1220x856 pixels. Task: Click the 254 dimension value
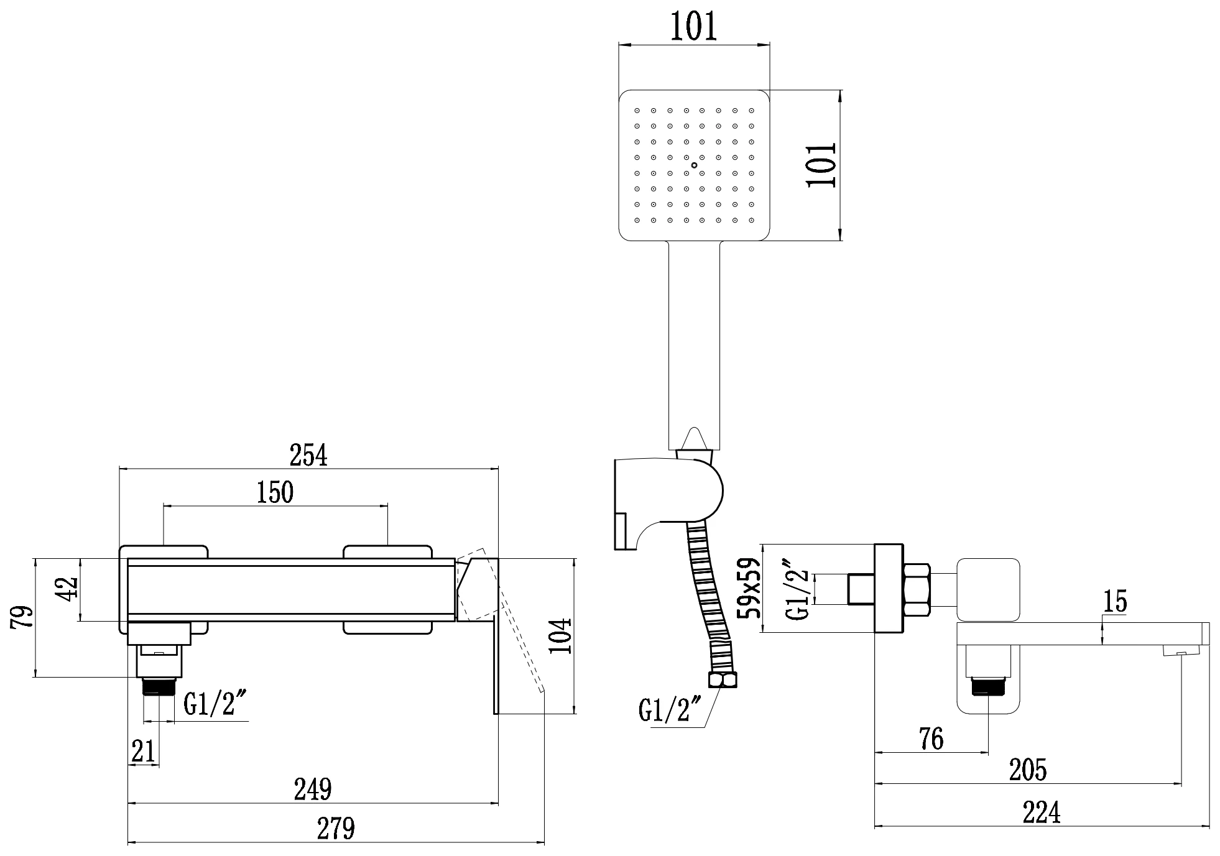tap(308, 455)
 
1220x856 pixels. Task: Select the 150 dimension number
tap(275, 492)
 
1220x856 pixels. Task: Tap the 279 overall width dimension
tap(336, 828)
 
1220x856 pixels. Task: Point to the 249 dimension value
tap(312, 789)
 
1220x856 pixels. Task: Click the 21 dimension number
tap(143, 752)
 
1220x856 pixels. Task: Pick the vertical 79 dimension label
tap(22, 618)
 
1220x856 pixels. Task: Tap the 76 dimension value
tap(931, 739)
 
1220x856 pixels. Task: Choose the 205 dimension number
tap(1027, 770)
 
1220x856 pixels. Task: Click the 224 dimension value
tap(1042, 812)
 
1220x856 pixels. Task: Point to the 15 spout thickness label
tap(1114, 602)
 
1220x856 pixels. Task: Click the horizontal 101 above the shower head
tap(693, 27)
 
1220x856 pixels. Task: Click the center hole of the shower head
tap(694, 165)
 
